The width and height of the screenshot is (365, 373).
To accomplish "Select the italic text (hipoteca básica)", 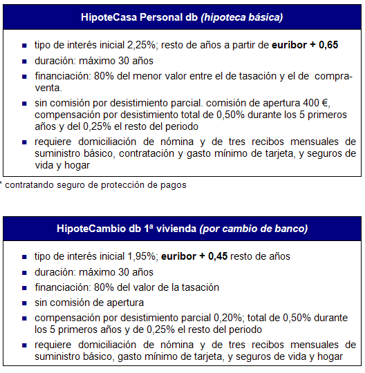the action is coord(241,17).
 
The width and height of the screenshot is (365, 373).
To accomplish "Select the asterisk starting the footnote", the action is coord(2,184).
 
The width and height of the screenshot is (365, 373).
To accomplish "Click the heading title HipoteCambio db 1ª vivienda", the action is coord(128,228).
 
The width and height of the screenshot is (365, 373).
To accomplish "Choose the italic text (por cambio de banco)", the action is coord(253,228).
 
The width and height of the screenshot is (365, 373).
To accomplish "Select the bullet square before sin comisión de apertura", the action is coord(26,303).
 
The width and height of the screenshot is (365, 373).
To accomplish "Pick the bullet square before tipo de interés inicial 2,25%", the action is coord(26,46).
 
